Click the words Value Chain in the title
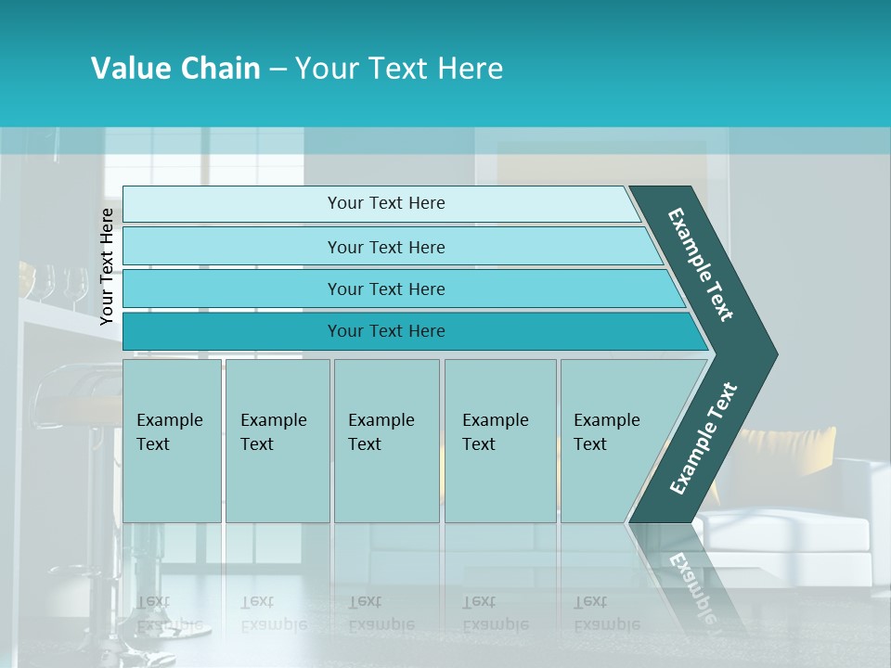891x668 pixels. [x=175, y=69]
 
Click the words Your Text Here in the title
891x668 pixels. [x=399, y=69]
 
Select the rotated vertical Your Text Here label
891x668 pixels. [x=107, y=266]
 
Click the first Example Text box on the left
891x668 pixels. [x=172, y=441]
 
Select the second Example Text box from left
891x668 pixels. [x=277, y=441]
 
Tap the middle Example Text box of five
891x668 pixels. [x=386, y=441]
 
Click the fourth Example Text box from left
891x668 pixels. [x=499, y=441]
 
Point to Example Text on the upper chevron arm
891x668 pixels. [x=701, y=264]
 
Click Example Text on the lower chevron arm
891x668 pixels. [x=703, y=439]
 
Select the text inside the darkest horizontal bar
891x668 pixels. [x=386, y=331]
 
